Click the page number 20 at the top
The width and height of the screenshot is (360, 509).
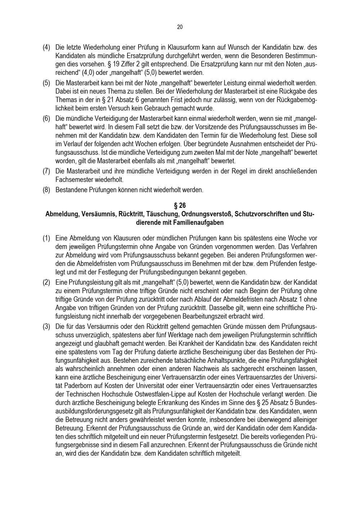(x=180, y=27)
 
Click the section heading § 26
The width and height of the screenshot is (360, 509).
(x=180, y=206)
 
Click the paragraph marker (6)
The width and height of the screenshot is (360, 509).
(x=46, y=118)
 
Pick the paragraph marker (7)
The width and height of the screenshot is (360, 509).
(x=46, y=171)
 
